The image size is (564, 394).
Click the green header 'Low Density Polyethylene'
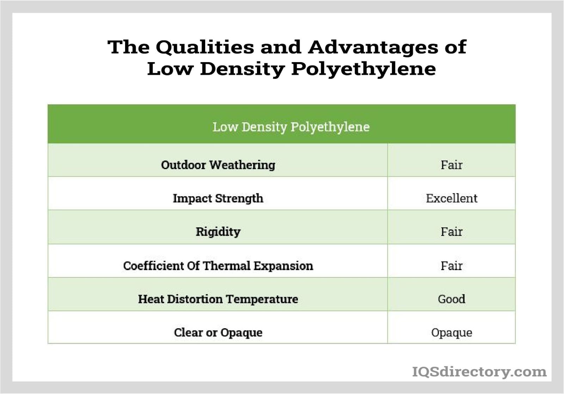point(291,127)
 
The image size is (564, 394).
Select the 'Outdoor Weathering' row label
point(218,165)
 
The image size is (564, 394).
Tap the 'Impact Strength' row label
point(218,198)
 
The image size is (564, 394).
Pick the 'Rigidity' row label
point(218,232)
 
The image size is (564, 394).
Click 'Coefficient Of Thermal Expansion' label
point(218,265)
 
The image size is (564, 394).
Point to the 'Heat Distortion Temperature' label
point(218,299)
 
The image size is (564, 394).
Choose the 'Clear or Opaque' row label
point(218,332)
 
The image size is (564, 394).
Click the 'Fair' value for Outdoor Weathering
point(451,165)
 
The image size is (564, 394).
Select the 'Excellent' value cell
point(451,198)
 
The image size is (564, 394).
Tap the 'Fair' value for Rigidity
point(451,232)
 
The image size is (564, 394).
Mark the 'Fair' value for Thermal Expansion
point(451,265)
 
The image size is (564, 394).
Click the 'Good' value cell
point(451,299)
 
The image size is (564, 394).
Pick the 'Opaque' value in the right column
point(451,332)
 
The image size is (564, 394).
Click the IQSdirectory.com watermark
point(479,371)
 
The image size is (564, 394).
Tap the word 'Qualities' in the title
point(204,47)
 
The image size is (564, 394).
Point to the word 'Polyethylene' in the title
point(363,69)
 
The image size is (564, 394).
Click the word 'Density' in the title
point(242,69)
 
